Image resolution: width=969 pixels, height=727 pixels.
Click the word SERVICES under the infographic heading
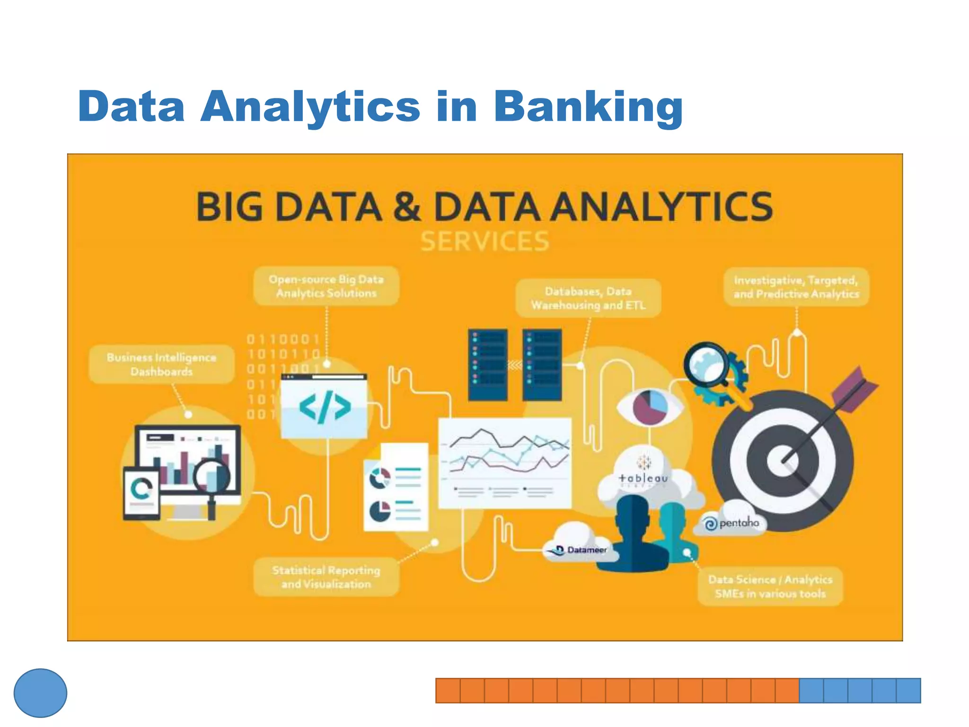pos(485,241)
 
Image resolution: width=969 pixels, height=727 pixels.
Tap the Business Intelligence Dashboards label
pos(161,364)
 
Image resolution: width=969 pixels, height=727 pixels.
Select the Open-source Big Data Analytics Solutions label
pos(326,286)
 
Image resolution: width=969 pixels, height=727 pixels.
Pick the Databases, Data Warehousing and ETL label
pos(588,298)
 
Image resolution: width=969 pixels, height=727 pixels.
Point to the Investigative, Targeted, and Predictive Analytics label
pos(796,287)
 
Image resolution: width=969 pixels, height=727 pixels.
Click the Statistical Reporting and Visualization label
pos(326,576)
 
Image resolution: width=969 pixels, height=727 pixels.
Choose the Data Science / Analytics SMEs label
pos(770,586)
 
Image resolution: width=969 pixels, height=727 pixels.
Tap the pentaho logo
pos(732,523)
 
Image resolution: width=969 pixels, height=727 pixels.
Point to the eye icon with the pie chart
pos(650,407)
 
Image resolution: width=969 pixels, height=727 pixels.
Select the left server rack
pos(487,365)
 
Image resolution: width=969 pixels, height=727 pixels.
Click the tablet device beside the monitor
pos(141,493)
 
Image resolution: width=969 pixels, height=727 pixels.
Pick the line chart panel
pos(505,462)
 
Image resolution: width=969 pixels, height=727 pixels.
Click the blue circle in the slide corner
pos(40,693)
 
